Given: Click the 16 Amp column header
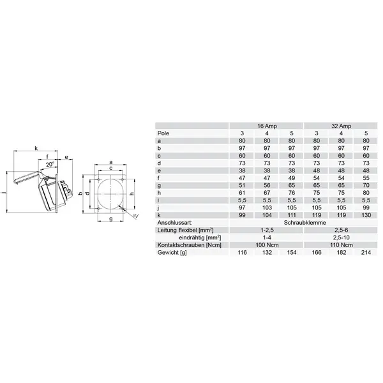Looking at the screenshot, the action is [267, 126].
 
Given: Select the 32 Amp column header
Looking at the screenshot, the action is [341, 126].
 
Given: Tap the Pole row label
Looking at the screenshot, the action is [163, 133].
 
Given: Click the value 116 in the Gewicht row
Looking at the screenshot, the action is [242, 253].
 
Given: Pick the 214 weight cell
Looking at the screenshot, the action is [366, 253].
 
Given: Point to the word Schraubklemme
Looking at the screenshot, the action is [304, 223].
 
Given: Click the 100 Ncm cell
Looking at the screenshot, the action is [267, 245].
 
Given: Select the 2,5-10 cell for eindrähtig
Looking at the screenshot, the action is [342, 237].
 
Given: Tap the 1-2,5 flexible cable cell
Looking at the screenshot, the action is [267, 230].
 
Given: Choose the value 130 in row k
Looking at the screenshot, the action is [366, 215].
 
